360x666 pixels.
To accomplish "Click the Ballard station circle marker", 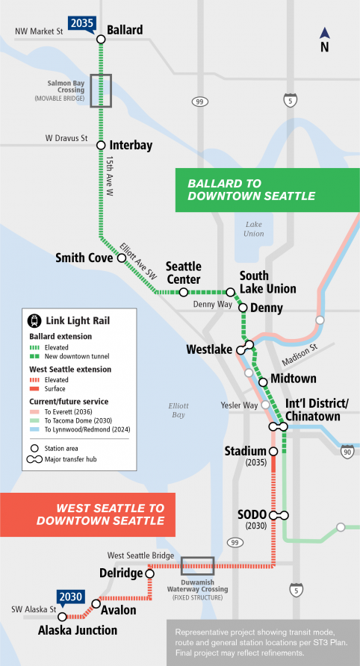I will [x=100, y=40].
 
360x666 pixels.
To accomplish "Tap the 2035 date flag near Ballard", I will [x=81, y=23].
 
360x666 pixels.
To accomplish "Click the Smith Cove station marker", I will [x=122, y=258].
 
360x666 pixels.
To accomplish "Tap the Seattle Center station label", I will [x=184, y=273].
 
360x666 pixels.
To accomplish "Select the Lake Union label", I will [x=253, y=228].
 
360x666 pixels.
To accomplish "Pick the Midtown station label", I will [x=294, y=379].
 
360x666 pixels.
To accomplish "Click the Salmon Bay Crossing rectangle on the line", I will [x=101, y=90].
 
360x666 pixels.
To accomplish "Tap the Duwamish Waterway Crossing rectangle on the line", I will [x=198, y=566].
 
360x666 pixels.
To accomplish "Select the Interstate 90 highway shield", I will [x=347, y=450].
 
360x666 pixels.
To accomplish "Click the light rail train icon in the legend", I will [x=34, y=322].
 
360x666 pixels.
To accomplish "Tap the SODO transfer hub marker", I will [x=279, y=515].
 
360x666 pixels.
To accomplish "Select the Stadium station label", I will [x=245, y=451].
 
